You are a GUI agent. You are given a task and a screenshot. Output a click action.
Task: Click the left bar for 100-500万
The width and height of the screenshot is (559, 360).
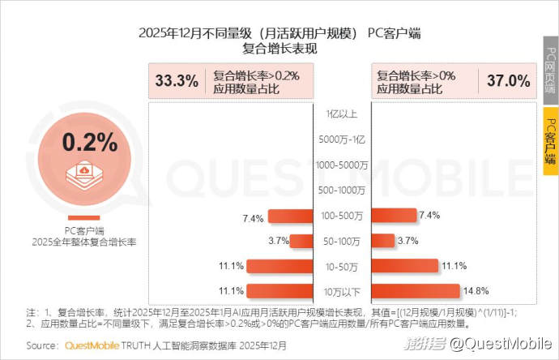(290, 216)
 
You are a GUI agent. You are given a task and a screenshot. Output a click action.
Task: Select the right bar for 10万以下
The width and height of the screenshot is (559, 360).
(416, 290)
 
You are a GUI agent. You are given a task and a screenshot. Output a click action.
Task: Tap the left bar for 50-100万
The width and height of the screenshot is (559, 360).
(301, 241)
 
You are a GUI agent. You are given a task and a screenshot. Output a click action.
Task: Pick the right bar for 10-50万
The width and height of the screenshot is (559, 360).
(404, 266)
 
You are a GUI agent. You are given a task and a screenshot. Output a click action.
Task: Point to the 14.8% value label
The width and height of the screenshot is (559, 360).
(476, 290)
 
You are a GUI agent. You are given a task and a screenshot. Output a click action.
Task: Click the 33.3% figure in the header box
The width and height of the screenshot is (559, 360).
(176, 80)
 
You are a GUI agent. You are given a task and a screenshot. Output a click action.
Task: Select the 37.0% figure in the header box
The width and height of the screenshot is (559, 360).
(509, 80)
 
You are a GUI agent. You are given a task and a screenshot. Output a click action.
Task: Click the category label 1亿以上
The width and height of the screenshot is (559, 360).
(342, 115)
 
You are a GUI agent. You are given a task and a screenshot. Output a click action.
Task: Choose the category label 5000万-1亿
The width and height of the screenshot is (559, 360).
(342, 139)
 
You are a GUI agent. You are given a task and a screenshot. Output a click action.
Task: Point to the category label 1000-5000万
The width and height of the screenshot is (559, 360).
(342, 165)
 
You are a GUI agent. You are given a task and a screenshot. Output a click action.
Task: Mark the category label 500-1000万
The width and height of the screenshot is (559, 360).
(342, 191)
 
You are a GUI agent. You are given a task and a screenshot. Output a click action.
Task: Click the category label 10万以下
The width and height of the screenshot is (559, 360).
(342, 290)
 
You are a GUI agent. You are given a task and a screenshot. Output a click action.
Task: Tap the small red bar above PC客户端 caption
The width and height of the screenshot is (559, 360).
(84, 217)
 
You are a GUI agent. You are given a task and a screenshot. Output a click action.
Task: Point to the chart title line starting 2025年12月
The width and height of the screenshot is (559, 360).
(279, 33)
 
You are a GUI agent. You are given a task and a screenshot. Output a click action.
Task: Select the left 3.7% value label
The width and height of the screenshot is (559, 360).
(279, 241)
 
